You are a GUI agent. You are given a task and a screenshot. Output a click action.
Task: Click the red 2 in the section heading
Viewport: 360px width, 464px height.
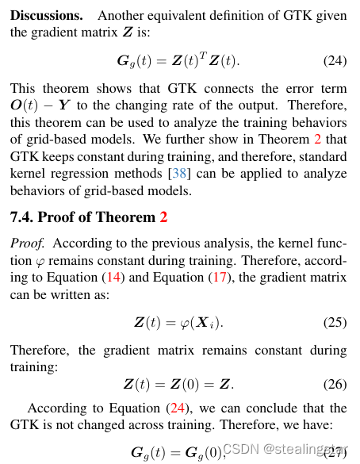163,217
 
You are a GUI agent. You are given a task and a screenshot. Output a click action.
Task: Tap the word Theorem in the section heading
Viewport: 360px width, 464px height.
128,217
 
